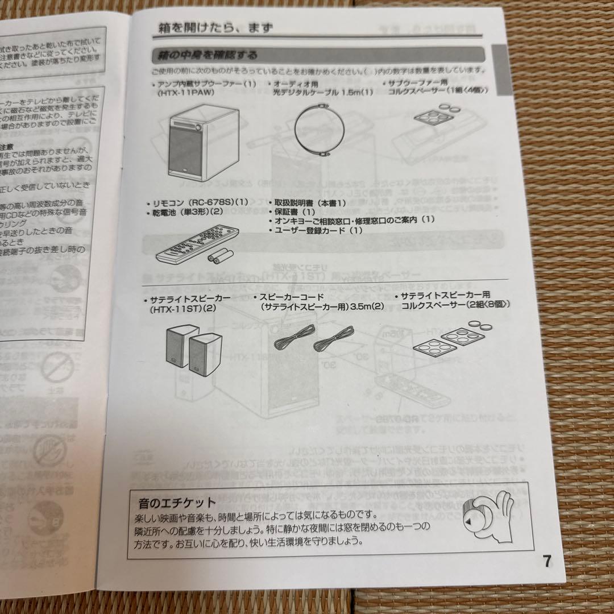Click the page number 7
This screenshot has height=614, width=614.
546,562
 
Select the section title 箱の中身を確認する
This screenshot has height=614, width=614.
205,56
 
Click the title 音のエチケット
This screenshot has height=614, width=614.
177,503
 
